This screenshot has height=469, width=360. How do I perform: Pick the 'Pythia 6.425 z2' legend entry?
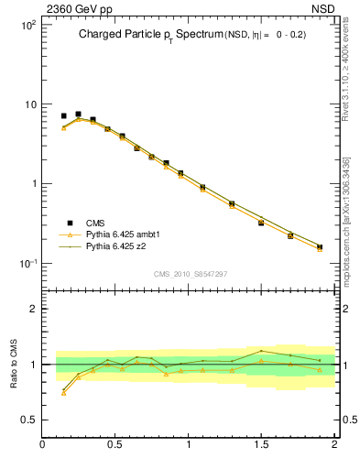[x=115, y=246]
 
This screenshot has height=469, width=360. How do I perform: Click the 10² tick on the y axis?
[x=28, y=25]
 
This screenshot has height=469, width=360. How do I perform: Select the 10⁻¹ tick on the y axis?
[x=27, y=264]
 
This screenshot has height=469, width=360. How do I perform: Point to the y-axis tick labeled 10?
[x=30, y=104]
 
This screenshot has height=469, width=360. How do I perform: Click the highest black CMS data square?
[x=78, y=115]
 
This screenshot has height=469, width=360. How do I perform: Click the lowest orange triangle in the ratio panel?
[x=63, y=393]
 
